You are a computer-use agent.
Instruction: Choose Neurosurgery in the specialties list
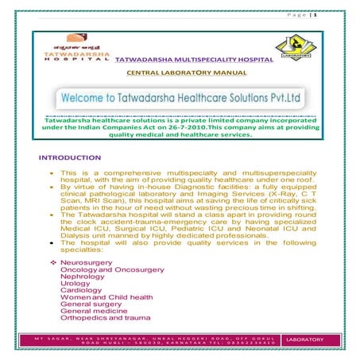click(x=87, y=262)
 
